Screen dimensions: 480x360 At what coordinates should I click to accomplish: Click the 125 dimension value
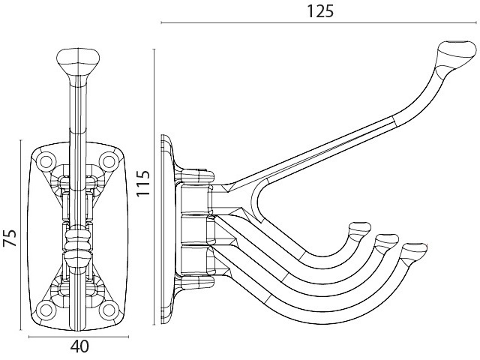point(320,12)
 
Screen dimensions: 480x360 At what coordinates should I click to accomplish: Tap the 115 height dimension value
point(143,183)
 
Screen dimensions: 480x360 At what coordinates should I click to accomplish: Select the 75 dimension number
point(10,238)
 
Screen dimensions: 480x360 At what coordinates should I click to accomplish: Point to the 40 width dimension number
point(79,346)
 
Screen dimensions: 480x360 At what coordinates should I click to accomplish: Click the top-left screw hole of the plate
point(45,160)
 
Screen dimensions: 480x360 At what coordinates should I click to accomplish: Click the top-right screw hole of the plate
point(109,160)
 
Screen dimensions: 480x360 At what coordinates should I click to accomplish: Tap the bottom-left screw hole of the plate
point(46,310)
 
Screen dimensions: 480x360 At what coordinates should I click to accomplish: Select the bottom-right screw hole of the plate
point(109,310)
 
